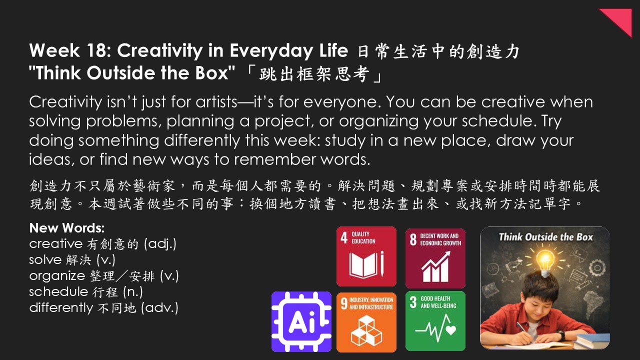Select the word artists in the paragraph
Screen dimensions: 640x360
coord(216,101)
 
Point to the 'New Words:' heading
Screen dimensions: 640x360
coord(67,228)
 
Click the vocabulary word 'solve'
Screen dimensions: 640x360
coord(45,259)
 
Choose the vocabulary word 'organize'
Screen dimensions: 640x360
coord(57,276)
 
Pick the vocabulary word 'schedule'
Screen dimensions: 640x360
coord(58,291)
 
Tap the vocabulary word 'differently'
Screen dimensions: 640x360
coord(61,308)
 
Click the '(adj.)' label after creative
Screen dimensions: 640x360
coord(160,244)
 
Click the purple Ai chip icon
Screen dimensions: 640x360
coord(301,321)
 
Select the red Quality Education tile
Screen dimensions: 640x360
coord(366,256)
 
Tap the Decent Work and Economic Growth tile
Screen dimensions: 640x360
coord(435,258)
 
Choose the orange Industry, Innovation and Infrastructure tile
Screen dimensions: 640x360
coord(366,322)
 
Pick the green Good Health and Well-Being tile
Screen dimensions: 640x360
coord(435,321)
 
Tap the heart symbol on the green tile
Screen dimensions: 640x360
coord(451,330)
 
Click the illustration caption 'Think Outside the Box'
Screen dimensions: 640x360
coord(545,237)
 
